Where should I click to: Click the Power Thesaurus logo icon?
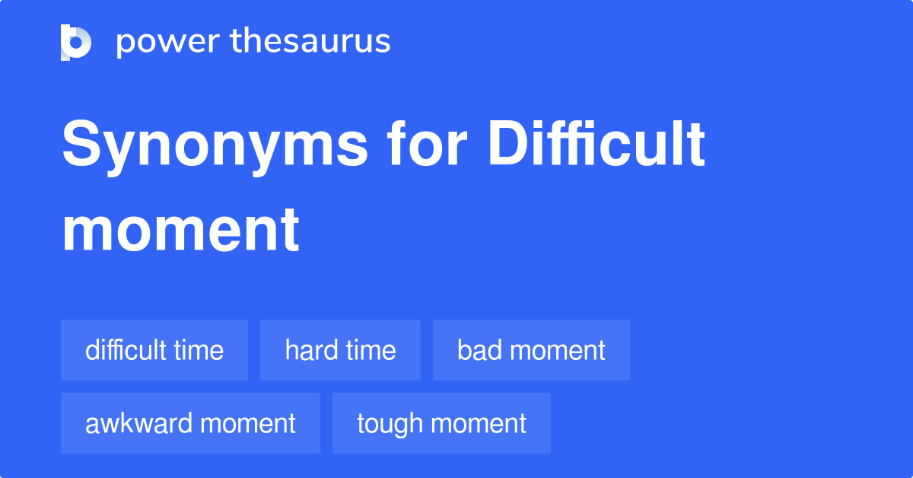76,42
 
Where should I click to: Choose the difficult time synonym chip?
154,350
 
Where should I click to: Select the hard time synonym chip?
340,350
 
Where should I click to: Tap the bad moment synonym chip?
531,350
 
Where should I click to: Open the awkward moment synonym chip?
190,423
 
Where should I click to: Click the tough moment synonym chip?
441,423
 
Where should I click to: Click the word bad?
477,350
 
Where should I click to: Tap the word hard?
309,350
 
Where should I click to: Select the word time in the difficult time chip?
199,350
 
